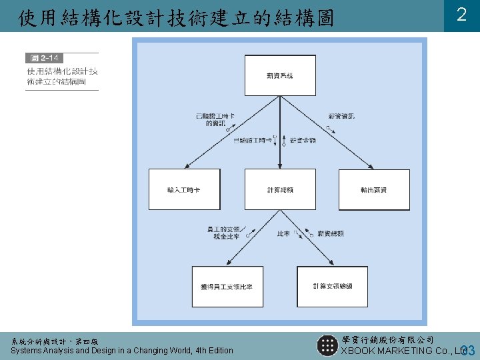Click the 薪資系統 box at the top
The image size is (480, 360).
pyautogui.click(x=279, y=76)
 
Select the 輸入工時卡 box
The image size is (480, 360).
pyautogui.click(x=183, y=190)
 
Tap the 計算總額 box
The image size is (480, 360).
pyautogui.click(x=279, y=190)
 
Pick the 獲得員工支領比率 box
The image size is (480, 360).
pyautogui.click(x=227, y=286)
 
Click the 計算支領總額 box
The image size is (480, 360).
pyautogui.click(x=331, y=286)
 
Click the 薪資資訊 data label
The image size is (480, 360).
pyautogui.click(x=341, y=116)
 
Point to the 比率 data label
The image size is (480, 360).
pyautogui.click(x=283, y=234)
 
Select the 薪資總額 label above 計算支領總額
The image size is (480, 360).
pyautogui.click(x=331, y=234)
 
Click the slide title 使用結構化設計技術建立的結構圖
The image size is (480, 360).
pyautogui.click(x=176, y=17)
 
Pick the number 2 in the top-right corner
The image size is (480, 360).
pyautogui.click(x=461, y=15)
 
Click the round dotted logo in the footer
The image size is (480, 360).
pyautogui.click(x=327, y=345)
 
